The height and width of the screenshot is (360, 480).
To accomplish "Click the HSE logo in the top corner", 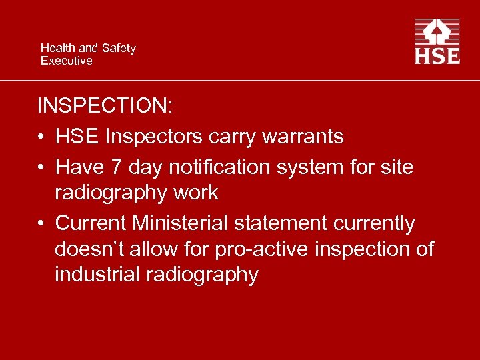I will [x=437, y=41].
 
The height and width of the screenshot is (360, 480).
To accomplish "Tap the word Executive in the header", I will [x=66, y=61].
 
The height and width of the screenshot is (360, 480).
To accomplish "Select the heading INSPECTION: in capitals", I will [x=104, y=106].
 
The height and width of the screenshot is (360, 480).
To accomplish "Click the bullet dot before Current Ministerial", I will [x=41, y=223].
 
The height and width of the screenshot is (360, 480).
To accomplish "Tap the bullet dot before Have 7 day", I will [x=41, y=166].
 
